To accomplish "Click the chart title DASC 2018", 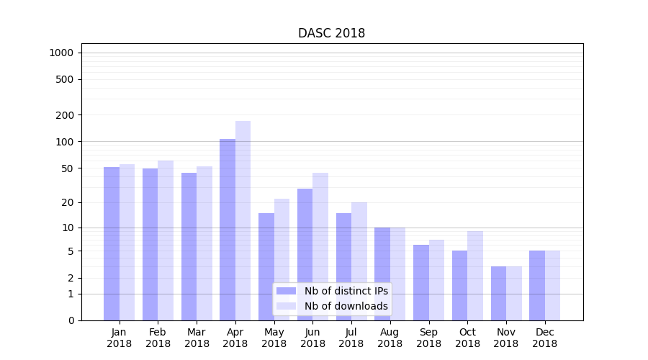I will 331,34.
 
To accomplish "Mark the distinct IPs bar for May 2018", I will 266,266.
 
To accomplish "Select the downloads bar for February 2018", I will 166,240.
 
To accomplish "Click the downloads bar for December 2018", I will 552,285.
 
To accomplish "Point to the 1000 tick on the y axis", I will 61,53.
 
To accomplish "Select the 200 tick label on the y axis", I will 64,115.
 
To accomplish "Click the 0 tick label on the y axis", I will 71,320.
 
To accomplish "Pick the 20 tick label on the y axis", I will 67,202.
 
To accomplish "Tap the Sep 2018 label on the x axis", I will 428,338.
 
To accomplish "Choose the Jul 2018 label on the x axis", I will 351,338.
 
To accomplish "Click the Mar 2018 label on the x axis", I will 197,338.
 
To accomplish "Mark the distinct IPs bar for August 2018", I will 382,274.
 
